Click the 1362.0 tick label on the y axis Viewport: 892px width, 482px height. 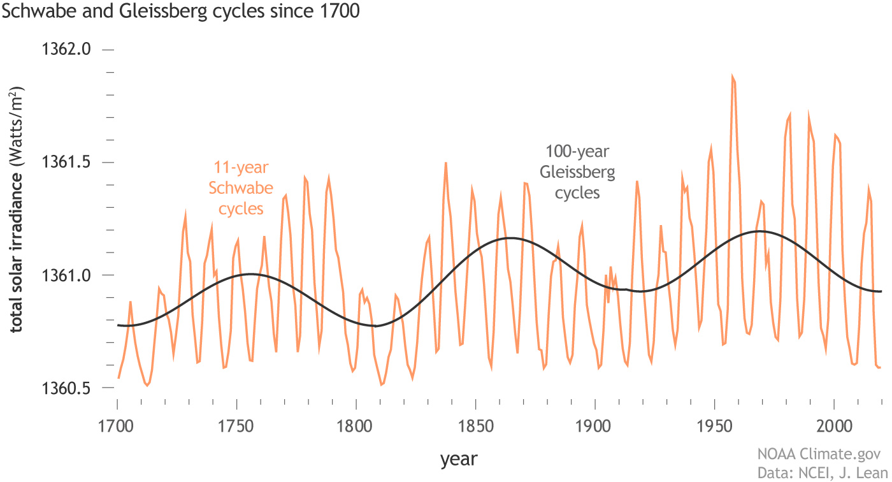pos(67,49)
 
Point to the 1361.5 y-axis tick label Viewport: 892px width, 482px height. pos(67,162)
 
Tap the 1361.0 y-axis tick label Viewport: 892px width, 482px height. pos(67,275)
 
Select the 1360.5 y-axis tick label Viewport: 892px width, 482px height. pos(67,388)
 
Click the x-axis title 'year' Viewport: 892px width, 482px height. pos(458,458)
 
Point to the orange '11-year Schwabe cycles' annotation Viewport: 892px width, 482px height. pos(241,188)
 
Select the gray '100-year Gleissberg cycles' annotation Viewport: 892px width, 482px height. pos(577,172)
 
